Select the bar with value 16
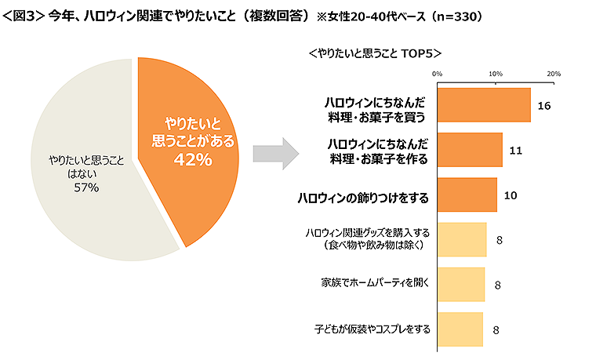483,105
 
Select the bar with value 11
469,150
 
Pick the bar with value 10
467,195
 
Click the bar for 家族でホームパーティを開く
460,285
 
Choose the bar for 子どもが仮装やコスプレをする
460,329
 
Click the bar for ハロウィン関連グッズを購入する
461,240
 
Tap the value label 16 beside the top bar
543,105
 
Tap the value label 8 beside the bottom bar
496,330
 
